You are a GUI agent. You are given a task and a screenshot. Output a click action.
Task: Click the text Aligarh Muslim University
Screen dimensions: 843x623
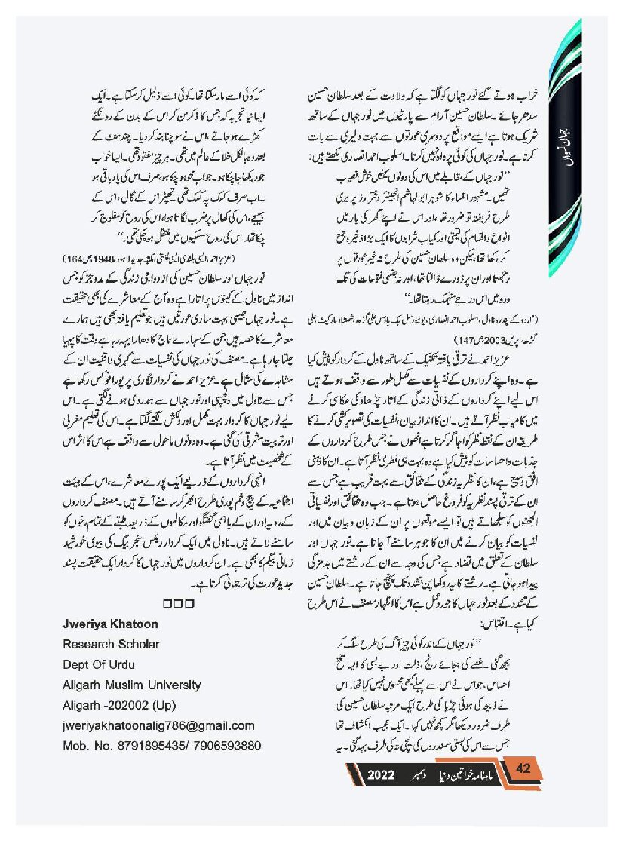[132, 685]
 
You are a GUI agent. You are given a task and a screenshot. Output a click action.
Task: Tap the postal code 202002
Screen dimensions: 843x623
[130, 705]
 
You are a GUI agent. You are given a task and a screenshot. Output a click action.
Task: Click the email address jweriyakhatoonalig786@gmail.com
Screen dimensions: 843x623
[158, 725]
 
